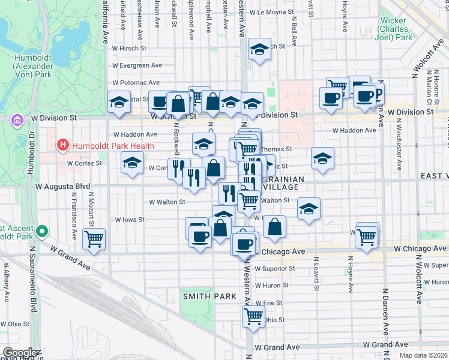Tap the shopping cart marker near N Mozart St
94,239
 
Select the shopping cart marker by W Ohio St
254,315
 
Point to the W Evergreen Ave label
137,65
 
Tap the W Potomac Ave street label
136,82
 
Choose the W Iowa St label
130,220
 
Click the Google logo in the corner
20,353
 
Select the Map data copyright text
423,355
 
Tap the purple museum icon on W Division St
16,120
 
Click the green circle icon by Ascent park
41,231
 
